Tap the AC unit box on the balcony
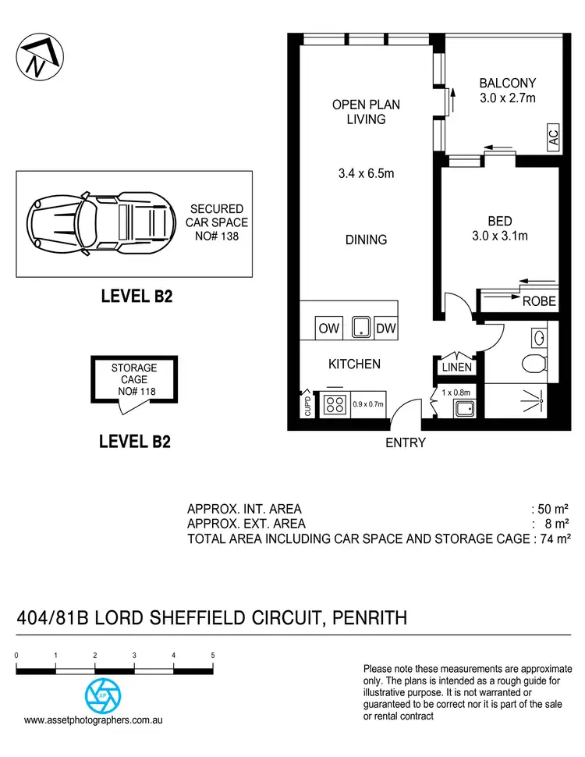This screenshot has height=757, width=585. click(x=553, y=139)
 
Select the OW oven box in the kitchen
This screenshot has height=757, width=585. click(x=328, y=329)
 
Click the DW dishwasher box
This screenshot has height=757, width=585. click(x=386, y=329)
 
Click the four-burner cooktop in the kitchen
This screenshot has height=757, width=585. click(x=335, y=405)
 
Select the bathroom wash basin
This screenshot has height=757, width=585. click(x=540, y=336)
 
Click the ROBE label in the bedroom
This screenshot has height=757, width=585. click(x=539, y=301)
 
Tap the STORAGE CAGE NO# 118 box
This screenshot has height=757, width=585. click(x=133, y=379)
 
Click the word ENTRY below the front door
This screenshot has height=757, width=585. click(x=406, y=442)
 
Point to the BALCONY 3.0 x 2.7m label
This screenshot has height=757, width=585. click(x=507, y=91)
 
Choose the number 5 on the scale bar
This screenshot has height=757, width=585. click(x=213, y=656)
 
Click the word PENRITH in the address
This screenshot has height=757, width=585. click(x=370, y=619)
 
